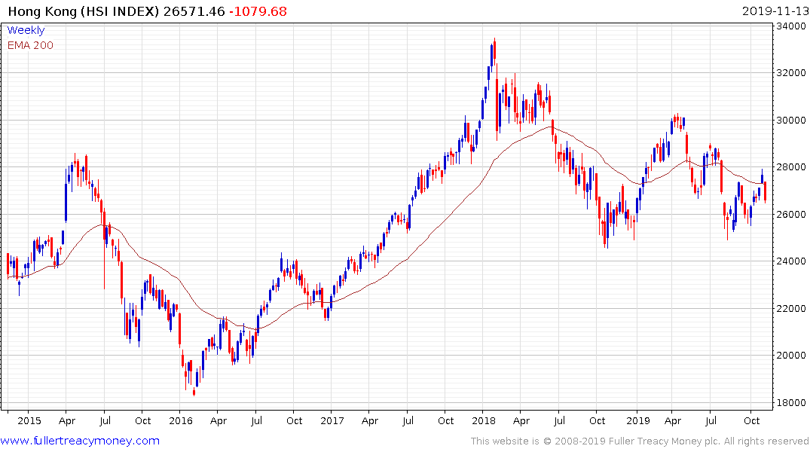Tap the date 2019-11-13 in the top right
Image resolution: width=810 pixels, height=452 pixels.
pyautogui.click(x=774, y=11)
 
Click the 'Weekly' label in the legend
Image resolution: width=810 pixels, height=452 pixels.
pyautogui.click(x=26, y=31)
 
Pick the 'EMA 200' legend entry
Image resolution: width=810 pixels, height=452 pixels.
pyautogui.click(x=30, y=45)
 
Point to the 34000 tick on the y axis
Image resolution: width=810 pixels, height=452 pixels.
pyautogui.click(x=791, y=26)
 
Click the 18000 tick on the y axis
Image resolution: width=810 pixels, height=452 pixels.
pyautogui.click(x=791, y=402)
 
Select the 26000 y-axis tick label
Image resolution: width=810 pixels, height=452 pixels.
pyautogui.click(x=791, y=214)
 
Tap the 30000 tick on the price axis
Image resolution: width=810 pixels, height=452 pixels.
pyautogui.click(x=791, y=121)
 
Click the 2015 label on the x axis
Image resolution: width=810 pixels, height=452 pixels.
pyautogui.click(x=29, y=420)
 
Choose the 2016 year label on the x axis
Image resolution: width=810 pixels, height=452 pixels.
pyautogui.click(x=181, y=420)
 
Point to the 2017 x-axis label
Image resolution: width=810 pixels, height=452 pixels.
pyautogui.click(x=332, y=420)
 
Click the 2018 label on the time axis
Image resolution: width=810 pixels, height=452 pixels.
pyautogui.click(x=484, y=420)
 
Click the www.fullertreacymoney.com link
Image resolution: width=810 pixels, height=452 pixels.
pyautogui.click(x=80, y=441)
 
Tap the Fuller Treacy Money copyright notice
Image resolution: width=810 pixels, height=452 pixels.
pyautogui.click(x=640, y=441)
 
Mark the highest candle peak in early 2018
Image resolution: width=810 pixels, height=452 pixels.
pyautogui.click(x=494, y=39)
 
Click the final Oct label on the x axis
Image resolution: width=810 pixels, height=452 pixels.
pyautogui.click(x=751, y=420)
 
